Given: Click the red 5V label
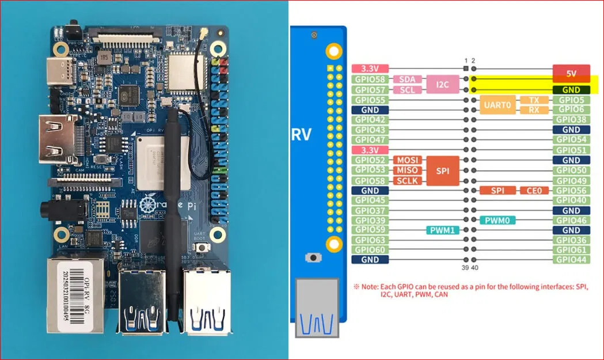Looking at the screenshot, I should (571, 73).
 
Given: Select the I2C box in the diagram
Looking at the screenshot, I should (442, 85).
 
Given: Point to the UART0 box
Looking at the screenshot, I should (497, 104).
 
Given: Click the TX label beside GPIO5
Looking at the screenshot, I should (534, 100).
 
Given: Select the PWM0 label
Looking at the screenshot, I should (497, 220).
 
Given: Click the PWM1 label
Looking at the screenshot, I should (442, 230).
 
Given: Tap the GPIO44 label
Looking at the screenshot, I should (571, 260).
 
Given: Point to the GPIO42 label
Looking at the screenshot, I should (370, 120).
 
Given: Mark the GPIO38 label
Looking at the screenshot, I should (571, 120).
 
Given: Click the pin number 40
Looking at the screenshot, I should (474, 268).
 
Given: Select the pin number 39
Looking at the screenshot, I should (465, 268).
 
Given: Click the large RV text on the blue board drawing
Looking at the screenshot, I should (301, 135).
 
